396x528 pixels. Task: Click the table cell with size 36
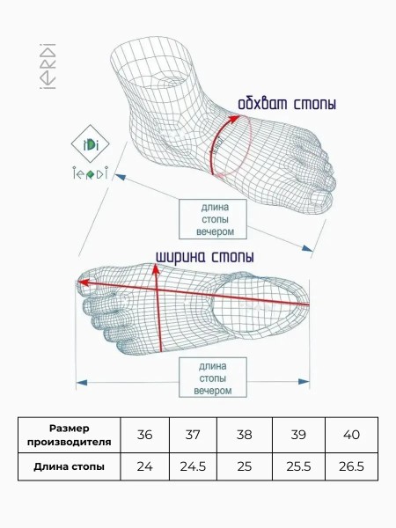[144, 435]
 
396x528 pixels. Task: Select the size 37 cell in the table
[193, 435]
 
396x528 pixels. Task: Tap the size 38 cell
[244, 435]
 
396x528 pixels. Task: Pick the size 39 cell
[298, 435]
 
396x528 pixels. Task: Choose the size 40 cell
[351, 435]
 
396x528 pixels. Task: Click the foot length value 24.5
[193, 466]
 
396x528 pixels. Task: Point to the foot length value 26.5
[351, 466]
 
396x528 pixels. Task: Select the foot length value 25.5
[298, 466]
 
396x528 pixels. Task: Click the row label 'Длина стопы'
[69, 466]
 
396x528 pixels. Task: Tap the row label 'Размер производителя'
[69, 435]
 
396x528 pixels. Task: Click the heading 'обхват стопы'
[287, 104]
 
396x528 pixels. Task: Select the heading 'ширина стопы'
[205, 257]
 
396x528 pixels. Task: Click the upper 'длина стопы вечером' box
[213, 219]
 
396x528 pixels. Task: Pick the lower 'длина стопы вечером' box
[213, 378]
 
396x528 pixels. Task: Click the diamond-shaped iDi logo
[90, 144]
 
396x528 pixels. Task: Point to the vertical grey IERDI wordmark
[48, 66]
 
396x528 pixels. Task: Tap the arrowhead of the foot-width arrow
[156, 268]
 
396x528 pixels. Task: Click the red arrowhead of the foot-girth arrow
[234, 119]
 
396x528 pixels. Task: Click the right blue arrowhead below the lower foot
[304, 382]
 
